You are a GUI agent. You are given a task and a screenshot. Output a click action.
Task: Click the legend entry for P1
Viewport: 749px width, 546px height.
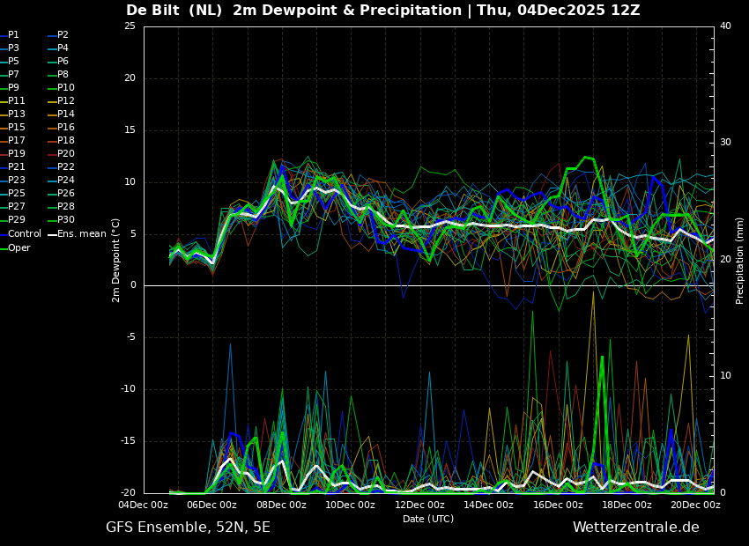tap(13, 35)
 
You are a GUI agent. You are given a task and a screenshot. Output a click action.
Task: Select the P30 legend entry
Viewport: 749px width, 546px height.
tap(65, 220)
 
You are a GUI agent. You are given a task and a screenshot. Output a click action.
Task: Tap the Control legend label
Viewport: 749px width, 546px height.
tap(25, 234)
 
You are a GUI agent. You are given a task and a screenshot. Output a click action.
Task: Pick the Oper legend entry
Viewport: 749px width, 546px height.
tap(19, 248)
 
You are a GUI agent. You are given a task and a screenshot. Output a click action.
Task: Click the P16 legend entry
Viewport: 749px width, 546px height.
tap(65, 128)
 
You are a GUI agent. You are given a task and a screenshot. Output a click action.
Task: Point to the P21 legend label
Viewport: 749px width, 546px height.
tap(16, 167)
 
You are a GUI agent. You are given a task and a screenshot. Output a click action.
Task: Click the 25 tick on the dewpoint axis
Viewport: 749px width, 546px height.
tap(130, 26)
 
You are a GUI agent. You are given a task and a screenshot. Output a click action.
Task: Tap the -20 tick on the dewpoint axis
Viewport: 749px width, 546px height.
tap(128, 493)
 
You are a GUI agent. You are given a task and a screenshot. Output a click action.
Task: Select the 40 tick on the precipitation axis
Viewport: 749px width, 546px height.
tap(725, 26)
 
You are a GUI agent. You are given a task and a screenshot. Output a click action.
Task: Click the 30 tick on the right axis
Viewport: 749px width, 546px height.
tap(725, 143)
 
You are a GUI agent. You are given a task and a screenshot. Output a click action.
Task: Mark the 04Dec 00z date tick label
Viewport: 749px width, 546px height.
tap(144, 505)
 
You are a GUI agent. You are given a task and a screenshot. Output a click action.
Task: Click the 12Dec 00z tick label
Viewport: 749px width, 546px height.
tap(419, 505)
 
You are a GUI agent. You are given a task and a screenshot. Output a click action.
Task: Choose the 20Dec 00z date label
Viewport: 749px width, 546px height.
tap(695, 505)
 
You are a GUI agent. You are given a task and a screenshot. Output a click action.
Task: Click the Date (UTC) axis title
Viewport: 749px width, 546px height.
tap(428, 520)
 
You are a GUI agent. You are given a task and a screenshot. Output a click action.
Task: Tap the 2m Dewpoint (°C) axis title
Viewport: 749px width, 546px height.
tap(116, 260)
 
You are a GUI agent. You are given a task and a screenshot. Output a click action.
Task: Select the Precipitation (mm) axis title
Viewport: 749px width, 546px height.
tap(740, 260)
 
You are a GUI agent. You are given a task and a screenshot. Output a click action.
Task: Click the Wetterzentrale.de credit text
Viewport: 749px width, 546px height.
tap(635, 528)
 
